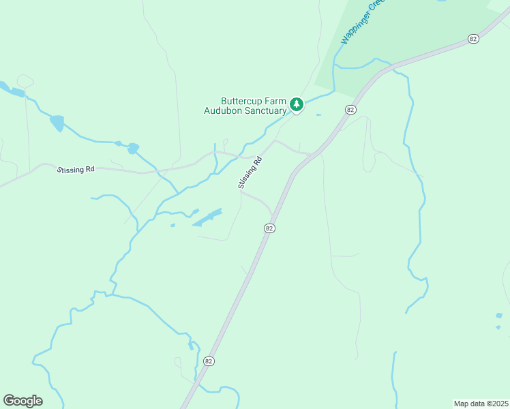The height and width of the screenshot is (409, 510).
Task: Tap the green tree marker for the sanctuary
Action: (x=296, y=104)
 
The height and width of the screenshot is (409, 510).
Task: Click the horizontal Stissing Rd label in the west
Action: (x=76, y=170)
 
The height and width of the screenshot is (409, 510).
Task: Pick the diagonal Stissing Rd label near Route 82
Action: (x=250, y=173)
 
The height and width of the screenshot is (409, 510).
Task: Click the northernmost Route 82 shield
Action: (x=473, y=39)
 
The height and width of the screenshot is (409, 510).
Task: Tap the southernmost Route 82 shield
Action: (x=209, y=361)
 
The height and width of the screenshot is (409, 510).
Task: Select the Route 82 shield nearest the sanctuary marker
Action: (x=350, y=110)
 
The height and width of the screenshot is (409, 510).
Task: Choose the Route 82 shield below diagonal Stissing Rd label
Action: (x=269, y=228)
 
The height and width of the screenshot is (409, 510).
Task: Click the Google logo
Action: (x=22, y=400)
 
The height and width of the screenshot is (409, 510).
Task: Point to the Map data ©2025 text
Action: (x=481, y=403)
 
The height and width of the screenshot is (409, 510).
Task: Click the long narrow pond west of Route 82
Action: (x=208, y=217)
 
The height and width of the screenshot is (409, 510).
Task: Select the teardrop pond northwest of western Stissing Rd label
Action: (x=57, y=123)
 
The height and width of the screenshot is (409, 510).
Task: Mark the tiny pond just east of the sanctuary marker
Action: (x=318, y=115)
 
